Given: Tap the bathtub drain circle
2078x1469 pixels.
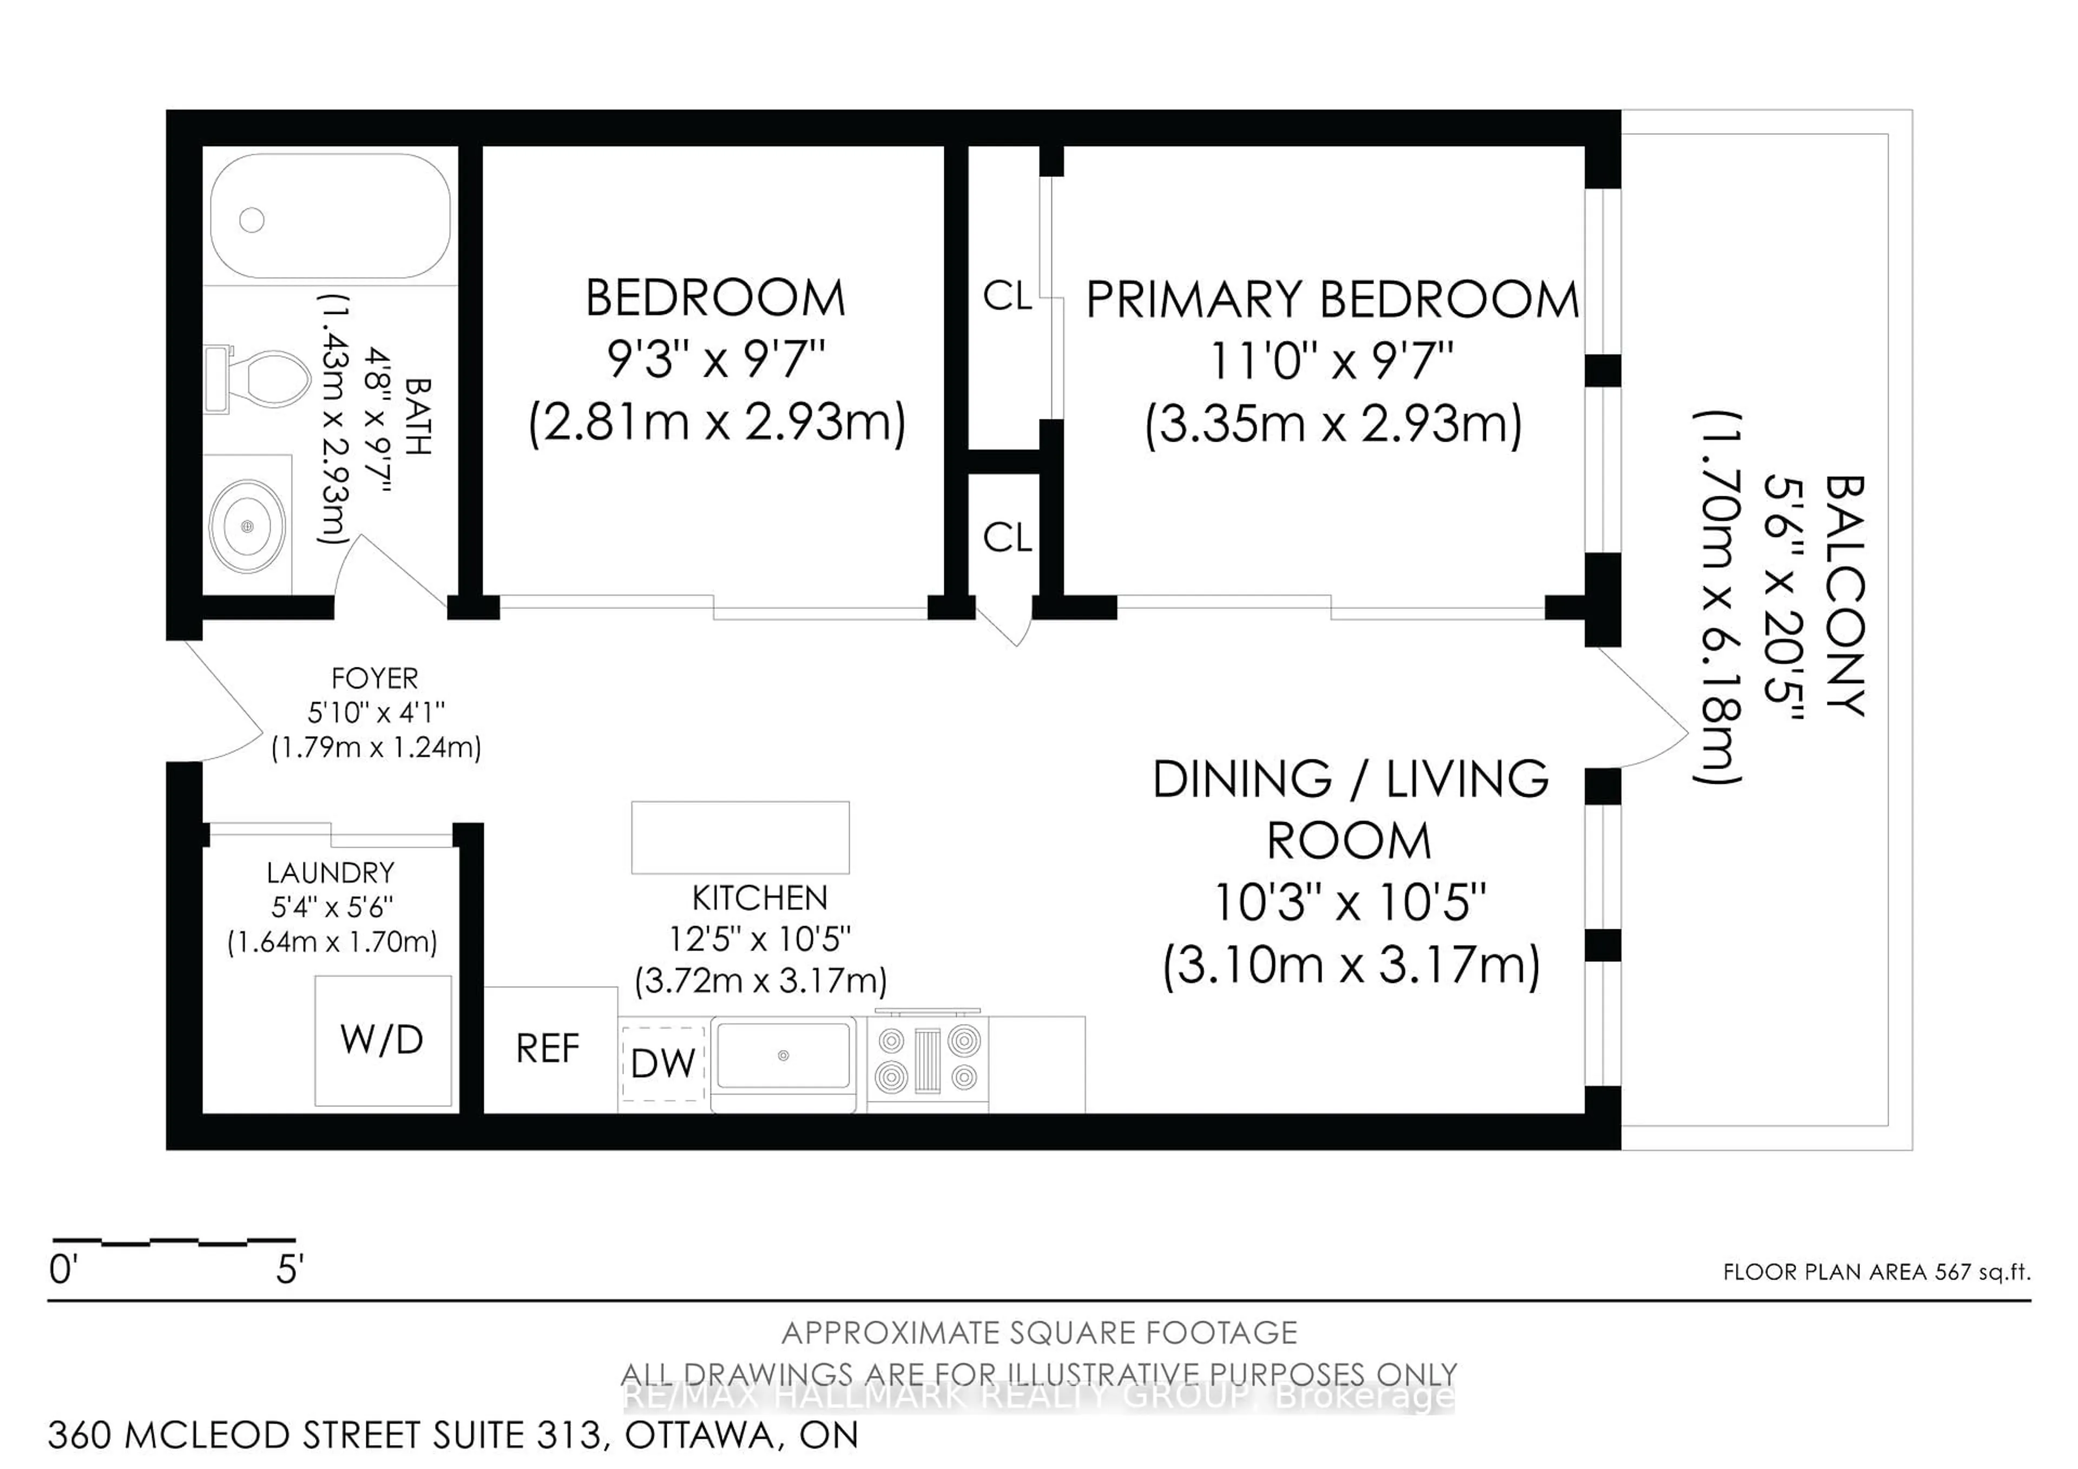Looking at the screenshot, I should pos(252,220).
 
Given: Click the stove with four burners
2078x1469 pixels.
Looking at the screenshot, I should pos(928,1059).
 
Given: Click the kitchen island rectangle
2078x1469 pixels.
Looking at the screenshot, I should pos(740,837).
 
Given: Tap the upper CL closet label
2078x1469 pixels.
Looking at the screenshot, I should pos(1007,296).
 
